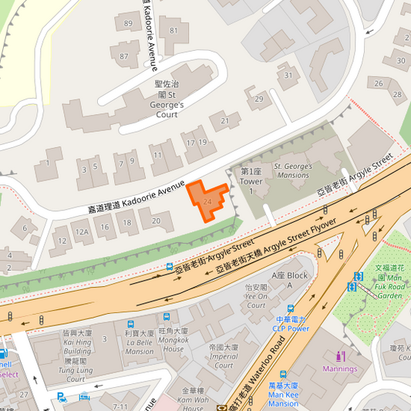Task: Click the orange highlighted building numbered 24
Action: pyautogui.click(x=206, y=199)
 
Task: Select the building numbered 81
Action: pyautogui.click(x=173, y=31)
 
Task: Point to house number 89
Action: pyautogui.click(x=127, y=24)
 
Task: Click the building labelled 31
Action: pyautogui.click(x=288, y=75)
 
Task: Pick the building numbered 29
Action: pyautogui.click(x=259, y=99)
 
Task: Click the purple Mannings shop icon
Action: pyautogui.click(x=340, y=356)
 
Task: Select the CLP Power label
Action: pyautogui.click(x=291, y=323)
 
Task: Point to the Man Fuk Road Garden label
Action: pyautogui.click(x=389, y=281)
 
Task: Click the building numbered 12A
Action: pyautogui.click(x=82, y=231)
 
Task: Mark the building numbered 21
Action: pyautogui.click(x=224, y=120)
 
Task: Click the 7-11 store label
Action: pyautogui.click(x=120, y=406)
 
